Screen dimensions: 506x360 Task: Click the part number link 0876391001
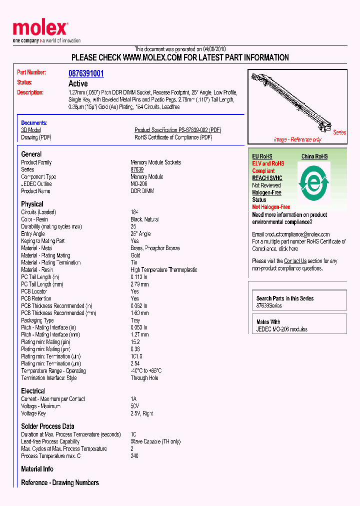tap(86, 73)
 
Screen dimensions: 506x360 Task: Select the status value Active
tap(78, 83)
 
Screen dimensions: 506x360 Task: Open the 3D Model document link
tap(30, 130)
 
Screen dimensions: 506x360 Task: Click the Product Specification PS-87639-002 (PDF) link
tap(177, 130)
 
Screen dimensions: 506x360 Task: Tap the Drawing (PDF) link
tap(36, 137)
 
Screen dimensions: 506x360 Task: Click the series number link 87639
tap(137, 169)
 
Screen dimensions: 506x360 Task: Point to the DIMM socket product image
tap(295, 103)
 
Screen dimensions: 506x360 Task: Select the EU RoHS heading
tap(262, 156)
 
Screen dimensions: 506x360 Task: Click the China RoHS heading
tap(314, 156)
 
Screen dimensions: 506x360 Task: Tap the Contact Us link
tap(295, 261)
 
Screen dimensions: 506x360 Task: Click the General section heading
tap(31, 154)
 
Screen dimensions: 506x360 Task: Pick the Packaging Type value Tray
tap(136, 320)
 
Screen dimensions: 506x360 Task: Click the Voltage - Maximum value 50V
tap(135, 406)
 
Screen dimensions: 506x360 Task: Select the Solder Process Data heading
tap(47, 426)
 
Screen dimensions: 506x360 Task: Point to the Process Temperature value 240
tap(134, 456)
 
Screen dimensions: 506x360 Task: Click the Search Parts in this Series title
tap(285, 298)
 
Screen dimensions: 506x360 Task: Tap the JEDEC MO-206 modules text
tap(282, 329)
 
